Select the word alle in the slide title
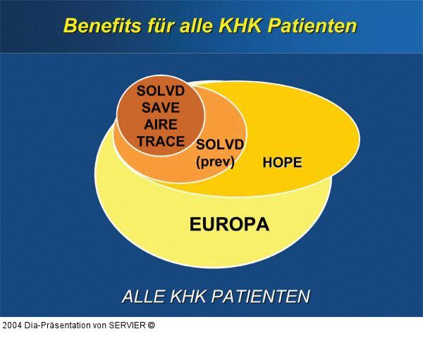point(192,26)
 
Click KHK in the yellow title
point(237,26)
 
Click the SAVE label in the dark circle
point(161,108)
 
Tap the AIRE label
point(161,125)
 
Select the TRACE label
point(161,142)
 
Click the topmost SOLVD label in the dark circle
point(161,92)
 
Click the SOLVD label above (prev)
point(220,144)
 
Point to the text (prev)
point(216,161)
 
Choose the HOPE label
point(282,163)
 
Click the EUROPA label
point(229,225)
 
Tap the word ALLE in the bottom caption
point(144,297)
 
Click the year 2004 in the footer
point(11,325)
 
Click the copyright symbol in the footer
point(151,325)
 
